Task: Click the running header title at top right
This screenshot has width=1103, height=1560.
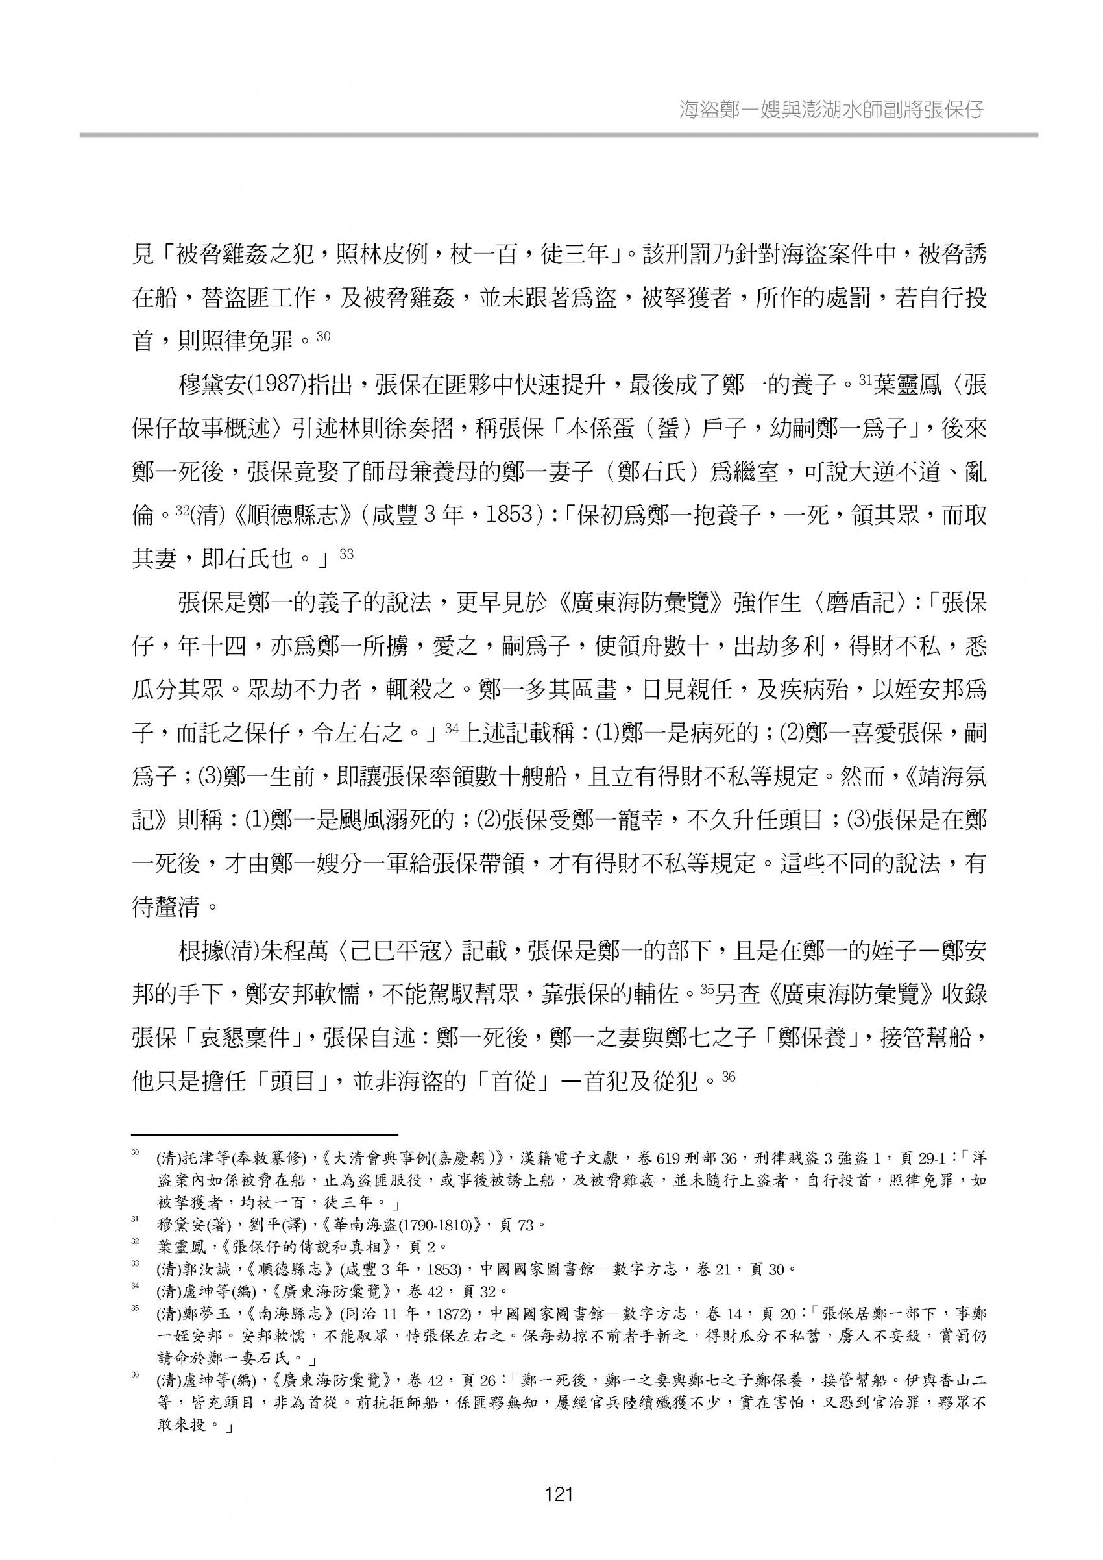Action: [831, 109]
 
